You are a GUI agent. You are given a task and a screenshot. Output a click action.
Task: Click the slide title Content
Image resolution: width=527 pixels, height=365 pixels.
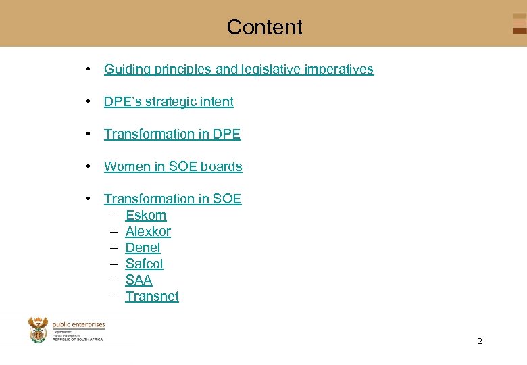coord(264,27)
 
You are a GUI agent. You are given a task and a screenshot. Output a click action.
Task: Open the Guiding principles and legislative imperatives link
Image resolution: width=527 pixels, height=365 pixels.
coord(239,69)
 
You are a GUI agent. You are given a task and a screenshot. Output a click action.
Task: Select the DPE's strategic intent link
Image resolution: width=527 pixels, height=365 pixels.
coord(168,101)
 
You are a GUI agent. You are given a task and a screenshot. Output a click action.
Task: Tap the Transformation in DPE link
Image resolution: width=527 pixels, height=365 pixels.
coord(172,134)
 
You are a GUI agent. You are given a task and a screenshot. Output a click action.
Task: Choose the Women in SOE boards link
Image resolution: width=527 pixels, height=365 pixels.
coord(173,166)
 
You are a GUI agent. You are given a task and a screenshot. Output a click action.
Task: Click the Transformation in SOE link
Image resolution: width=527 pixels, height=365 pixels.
coord(172,199)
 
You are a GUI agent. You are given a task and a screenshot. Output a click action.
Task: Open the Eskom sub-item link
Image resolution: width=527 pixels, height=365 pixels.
coord(146,215)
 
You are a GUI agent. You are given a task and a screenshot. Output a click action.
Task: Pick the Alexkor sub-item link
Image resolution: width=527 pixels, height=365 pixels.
coord(148,231)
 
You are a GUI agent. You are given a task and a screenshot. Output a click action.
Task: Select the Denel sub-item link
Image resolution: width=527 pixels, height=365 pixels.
coord(143,247)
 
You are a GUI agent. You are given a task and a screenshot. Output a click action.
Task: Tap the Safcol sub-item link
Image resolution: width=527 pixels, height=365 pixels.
coord(144,264)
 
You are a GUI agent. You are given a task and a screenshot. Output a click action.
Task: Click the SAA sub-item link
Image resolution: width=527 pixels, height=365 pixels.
coord(139,280)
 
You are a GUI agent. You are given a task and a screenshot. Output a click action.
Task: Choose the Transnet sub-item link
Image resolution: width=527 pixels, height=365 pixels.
coord(152,296)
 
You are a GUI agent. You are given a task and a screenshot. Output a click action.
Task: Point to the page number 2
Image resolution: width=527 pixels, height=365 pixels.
coord(480,341)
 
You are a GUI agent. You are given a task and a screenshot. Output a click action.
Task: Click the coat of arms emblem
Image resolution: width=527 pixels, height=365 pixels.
coord(38,330)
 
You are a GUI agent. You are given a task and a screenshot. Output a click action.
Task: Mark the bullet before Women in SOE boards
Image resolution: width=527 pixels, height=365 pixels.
coord(89,166)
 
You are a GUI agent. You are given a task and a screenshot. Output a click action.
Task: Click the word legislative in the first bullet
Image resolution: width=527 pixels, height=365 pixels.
coord(285,69)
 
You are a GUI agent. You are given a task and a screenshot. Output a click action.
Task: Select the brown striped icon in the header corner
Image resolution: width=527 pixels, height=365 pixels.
coord(519,24)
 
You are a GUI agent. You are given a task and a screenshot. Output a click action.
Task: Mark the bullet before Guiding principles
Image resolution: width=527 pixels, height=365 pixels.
coord(89,69)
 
